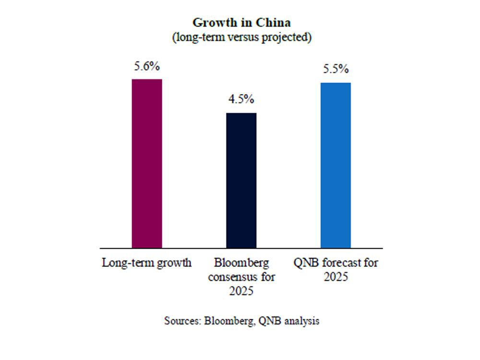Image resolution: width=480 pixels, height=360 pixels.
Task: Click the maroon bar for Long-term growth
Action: tap(147, 163)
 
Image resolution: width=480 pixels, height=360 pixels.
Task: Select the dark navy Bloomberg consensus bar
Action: tap(241, 180)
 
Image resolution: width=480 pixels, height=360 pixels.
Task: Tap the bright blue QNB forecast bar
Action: tap(336, 165)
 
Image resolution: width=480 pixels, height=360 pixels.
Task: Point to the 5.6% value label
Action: tap(147, 67)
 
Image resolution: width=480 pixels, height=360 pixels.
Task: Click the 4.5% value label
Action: tap(241, 100)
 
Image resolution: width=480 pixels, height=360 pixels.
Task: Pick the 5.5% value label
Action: tap(336, 70)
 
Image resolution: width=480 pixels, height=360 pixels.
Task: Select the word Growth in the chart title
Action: tap(211, 23)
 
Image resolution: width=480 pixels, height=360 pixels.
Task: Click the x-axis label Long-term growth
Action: tap(147, 263)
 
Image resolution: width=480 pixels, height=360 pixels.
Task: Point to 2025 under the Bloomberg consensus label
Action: tap(241, 291)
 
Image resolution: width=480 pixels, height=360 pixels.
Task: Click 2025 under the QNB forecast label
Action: tap(336, 277)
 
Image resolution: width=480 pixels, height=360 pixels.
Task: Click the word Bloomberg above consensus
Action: tap(241, 263)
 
